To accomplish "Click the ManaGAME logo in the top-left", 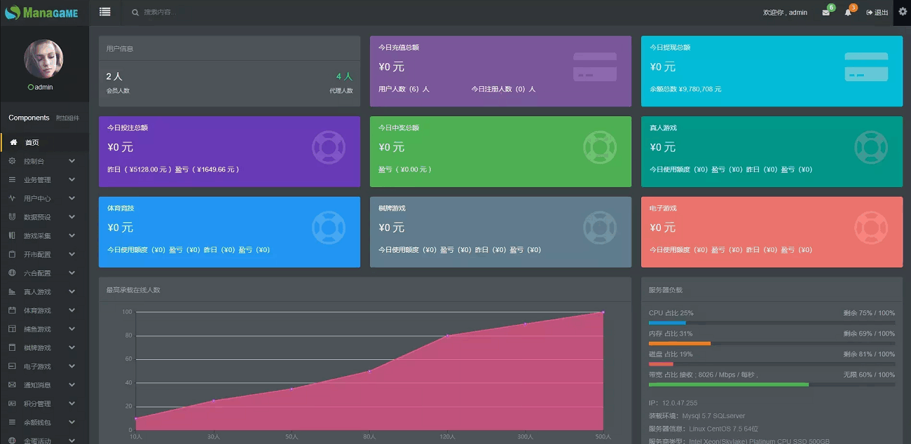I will (x=41, y=13).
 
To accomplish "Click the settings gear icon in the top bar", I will (x=903, y=12).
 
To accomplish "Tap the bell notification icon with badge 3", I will (x=848, y=13).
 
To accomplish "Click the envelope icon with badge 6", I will (x=826, y=13).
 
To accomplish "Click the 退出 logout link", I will (x=877, y=13).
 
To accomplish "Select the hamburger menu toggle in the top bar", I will (x=105, y=12).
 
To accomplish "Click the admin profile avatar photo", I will (x=44, y=59).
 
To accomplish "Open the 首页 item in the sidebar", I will (x=32, y=143).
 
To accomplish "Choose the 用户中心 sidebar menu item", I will (x=37, y=199).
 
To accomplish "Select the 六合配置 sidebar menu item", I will (x=37, y=273).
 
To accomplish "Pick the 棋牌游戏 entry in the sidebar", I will (x=37, y=348).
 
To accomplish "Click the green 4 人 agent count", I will (x=344, y=76).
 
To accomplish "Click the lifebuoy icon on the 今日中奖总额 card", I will (x=599, y=147).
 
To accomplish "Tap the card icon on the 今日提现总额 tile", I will (x=866, y=67).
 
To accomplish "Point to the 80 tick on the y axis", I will (x=127, y=335).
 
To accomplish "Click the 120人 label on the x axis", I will (x=446, y=437).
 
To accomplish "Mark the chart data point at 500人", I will (x=603, y=312).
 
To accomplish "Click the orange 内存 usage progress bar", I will (x=680, y=343).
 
